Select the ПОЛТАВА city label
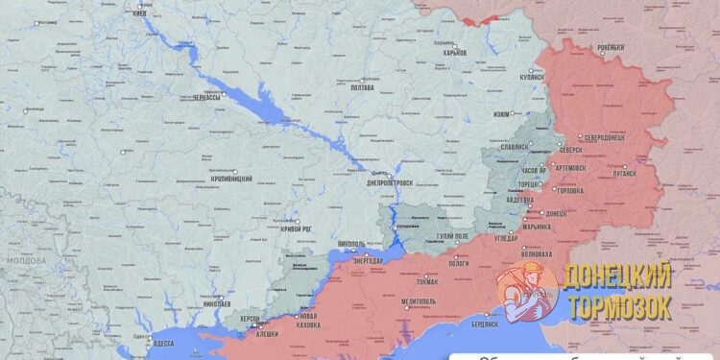(359, 87)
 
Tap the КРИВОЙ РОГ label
(294, 229)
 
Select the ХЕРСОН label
(250, 318)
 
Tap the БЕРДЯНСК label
(484, 324)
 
